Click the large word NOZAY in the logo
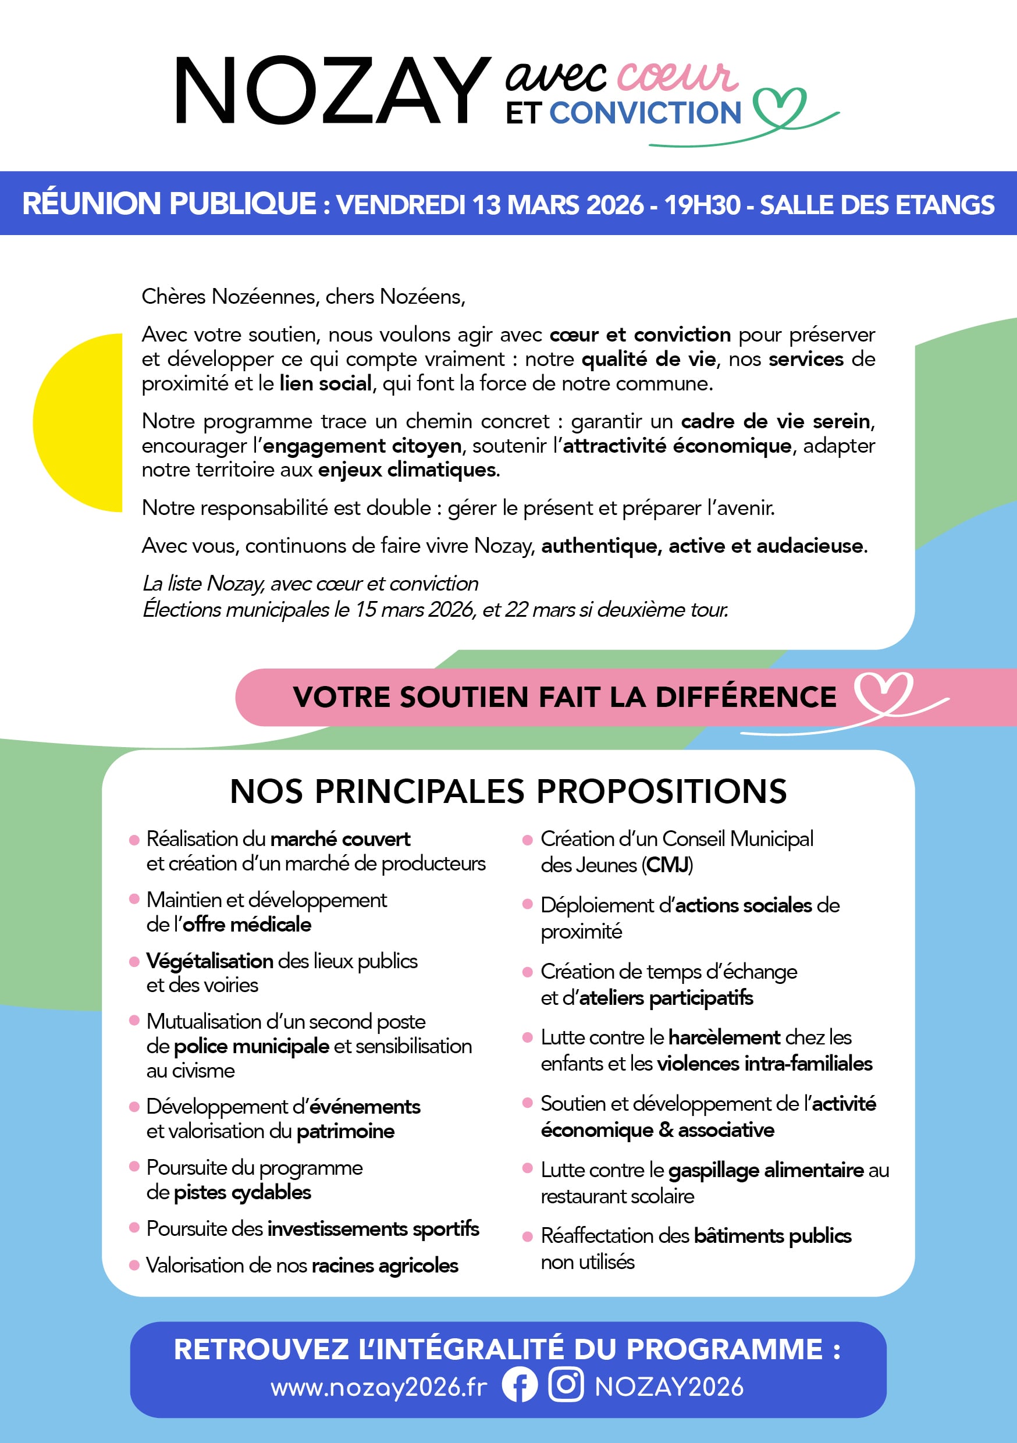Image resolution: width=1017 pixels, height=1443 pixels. click(332, 91)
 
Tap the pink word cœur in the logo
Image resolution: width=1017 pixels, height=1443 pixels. click(675, 77)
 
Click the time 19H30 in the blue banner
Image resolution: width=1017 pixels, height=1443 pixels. click(702, 205)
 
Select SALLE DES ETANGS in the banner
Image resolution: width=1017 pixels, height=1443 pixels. click(877, 205)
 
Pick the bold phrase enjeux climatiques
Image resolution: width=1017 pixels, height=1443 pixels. click(407, 470)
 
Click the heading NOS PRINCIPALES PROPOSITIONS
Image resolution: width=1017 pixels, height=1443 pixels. click(508, 791)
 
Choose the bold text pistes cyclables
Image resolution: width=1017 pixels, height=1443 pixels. click(242, 1192)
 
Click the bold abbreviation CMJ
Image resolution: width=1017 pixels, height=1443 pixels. click(667, 865)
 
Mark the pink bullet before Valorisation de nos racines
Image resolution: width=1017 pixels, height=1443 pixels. click(134, 1265)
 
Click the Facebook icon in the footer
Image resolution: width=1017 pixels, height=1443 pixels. click(520, 1385)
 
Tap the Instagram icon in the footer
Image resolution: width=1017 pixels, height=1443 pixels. click(566, 1385)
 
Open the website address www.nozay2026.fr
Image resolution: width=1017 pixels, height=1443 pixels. click(378, 1387)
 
